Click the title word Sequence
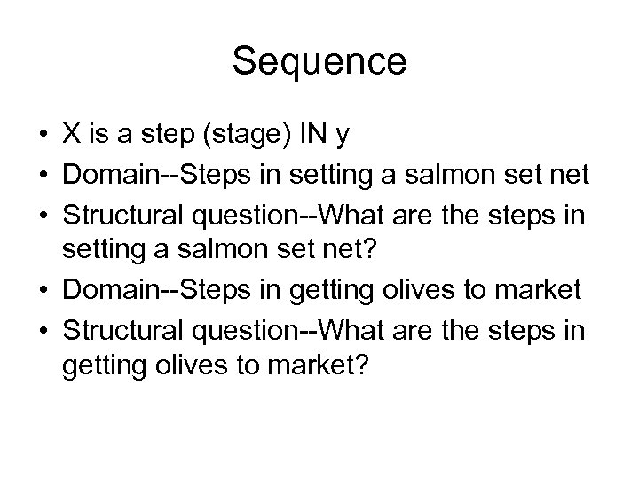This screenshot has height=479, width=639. point(319,63)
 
